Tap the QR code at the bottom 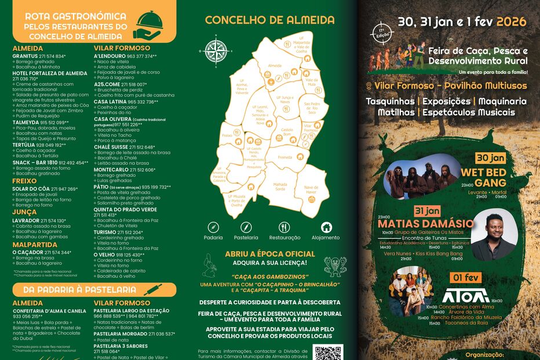point(328,353)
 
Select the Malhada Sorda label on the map point(280,186)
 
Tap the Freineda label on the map point(285,157)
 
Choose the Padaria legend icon point(213,227)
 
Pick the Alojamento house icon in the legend point(326,227)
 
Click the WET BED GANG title point(483,177)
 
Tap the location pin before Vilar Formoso point(368,86)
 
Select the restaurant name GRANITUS point(25,56)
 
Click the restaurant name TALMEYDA point(26,122)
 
